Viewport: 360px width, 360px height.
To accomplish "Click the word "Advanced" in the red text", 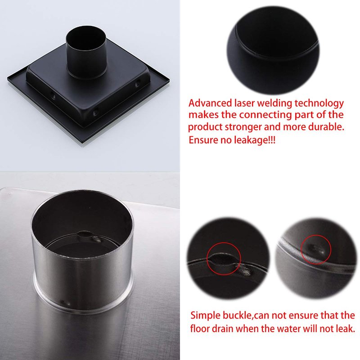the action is point(210,103).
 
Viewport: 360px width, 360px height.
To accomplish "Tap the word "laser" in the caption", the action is point(244,103).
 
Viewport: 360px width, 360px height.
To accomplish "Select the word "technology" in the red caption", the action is point(319,104).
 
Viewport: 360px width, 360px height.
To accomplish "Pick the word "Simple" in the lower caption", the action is point(205,315).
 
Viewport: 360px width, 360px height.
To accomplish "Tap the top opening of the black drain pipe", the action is point(85,36).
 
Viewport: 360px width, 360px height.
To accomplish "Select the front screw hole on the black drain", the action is point(95,113).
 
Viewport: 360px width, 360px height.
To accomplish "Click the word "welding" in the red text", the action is point(274,104).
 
